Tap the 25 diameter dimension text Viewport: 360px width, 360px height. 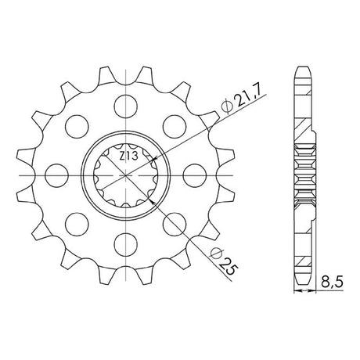(229, 267)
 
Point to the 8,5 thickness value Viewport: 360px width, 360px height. (332, 282)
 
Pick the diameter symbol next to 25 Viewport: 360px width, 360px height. (217, 254)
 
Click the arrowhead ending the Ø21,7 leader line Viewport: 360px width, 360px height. (154, 159)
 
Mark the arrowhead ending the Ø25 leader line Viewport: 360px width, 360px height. (150, 200)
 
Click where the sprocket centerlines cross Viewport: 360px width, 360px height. (126, 175)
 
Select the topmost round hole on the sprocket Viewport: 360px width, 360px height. (126, 106)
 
